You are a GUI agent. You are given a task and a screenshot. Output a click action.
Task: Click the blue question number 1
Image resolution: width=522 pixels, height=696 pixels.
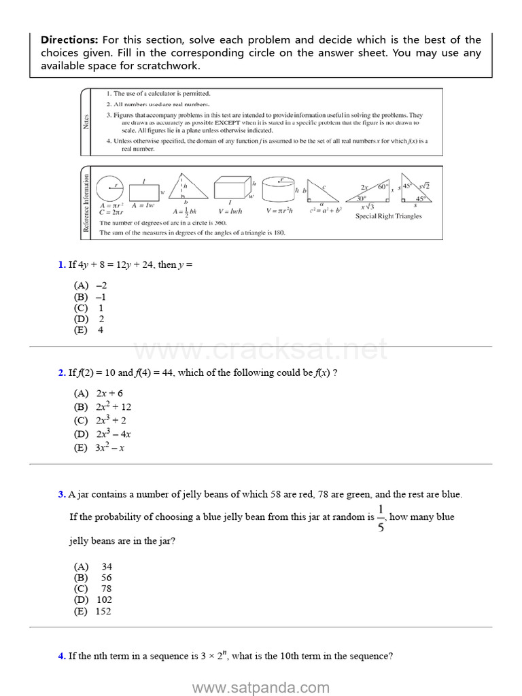[x=61, y=265]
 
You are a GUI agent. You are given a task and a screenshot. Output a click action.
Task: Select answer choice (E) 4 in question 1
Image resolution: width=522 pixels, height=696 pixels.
[x=89, y=330]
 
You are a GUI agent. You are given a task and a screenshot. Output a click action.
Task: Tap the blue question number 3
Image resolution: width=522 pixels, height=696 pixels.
[x=61, y=495]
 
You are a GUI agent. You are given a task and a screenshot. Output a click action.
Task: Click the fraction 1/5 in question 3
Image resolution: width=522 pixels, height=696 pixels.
[x=381, y=518]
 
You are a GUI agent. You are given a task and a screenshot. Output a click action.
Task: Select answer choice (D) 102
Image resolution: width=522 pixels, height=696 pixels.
[x=93, y=600]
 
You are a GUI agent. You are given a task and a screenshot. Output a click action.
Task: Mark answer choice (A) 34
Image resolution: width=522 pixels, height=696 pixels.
[x=93, y=567]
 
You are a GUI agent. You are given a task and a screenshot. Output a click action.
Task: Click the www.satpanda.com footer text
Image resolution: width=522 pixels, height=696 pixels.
[x=260, y=688]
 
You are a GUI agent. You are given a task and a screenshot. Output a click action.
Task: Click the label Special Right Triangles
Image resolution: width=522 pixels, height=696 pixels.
[x=388, y=217]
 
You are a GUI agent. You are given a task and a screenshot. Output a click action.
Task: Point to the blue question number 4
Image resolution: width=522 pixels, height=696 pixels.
[x=61, y=657]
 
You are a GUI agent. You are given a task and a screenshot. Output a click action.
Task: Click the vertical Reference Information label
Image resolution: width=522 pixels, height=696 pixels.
[x=86, y=203]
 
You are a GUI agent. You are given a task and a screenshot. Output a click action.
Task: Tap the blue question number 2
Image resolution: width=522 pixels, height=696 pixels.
[x=61, y=373]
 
